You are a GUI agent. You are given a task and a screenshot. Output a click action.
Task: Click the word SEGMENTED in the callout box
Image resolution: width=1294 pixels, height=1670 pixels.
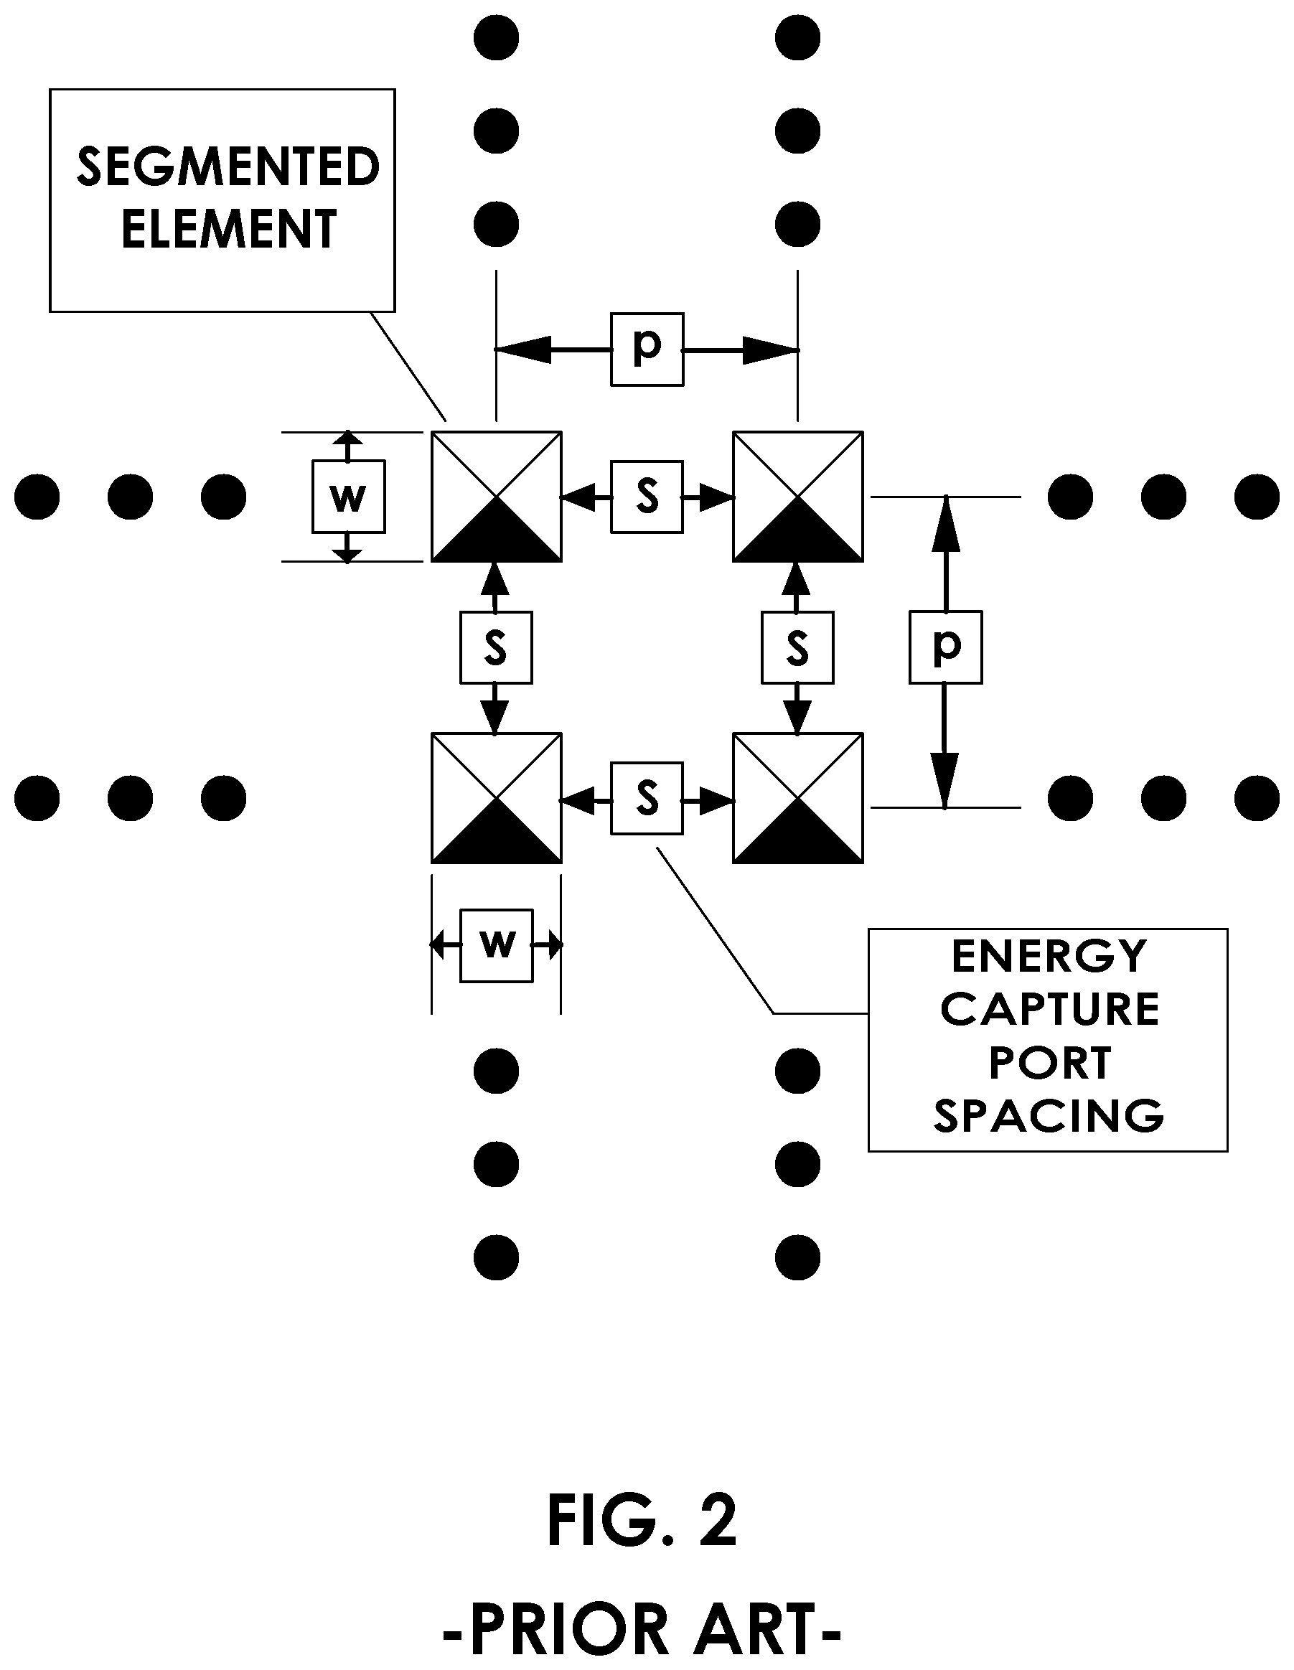228,167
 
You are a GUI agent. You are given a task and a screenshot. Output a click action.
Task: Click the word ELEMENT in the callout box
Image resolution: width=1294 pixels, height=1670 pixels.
229,229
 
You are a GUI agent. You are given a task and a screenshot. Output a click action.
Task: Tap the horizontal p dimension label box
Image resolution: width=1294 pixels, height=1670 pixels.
647,349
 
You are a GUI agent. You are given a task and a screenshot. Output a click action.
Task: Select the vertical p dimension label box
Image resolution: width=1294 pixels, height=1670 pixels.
946,647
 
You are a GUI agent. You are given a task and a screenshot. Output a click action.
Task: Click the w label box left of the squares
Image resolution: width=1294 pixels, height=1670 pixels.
349,496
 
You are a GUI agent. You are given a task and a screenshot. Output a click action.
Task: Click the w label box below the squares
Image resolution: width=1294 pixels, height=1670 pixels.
497,946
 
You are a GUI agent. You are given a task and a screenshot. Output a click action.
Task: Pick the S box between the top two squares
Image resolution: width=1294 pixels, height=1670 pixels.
647,496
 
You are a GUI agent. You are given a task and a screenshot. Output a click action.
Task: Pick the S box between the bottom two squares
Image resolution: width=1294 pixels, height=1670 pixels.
647,798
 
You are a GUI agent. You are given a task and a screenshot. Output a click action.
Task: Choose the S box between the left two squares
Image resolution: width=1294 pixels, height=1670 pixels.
497,647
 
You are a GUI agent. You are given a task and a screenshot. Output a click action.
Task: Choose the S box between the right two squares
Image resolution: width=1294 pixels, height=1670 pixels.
797,647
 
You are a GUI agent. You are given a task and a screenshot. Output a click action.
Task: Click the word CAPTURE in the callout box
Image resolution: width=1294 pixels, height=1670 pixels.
1049,1008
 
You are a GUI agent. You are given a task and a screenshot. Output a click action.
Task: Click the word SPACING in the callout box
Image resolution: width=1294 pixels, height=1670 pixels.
1049,1116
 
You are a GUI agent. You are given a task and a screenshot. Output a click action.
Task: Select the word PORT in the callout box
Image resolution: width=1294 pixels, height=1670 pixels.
1049,1062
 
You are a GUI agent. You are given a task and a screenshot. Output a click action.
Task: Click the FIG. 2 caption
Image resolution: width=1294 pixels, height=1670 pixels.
642,1521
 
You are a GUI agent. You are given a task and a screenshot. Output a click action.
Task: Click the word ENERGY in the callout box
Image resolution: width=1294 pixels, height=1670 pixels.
1049,956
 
